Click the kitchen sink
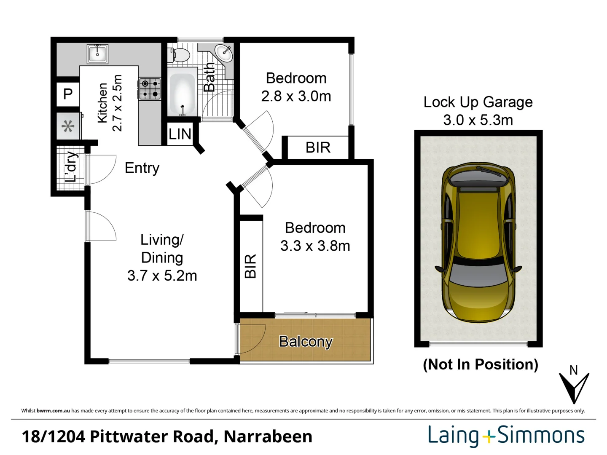click(98, 54)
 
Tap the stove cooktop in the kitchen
click(150, 88)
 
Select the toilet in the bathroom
click(180, 55)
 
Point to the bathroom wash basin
click(224, 53)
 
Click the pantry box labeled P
click(68, 94)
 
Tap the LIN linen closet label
click(180, 134)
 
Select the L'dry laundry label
click(71, 167)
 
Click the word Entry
click(142, 168)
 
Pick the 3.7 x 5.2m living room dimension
click(162, 276)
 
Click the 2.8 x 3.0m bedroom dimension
click(296, 96)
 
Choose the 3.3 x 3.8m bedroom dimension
click(315, 246)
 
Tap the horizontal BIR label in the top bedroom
click(318, 148)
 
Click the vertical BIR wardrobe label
click(250, 266)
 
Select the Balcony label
click(306, 342)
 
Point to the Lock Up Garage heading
click(478, 102)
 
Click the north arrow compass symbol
click(574, 385)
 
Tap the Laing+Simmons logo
click(506, 436)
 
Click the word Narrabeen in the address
click(268, 437)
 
